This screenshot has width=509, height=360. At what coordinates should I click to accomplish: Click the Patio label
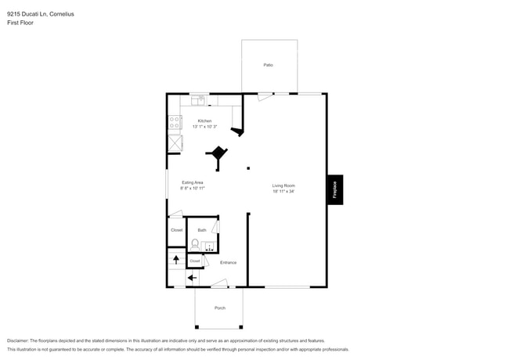pyautogui.click(x=268, y=64)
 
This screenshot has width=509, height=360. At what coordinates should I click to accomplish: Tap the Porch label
pyautogui.click(x=219, y=308)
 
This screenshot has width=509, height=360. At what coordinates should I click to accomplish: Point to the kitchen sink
pyautogui.click(x=198, y=100)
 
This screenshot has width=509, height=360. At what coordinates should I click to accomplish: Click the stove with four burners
pyautogui.click(x=175, y=122)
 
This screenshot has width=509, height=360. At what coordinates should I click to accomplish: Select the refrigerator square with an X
pyautogui.click(x=175, y=142)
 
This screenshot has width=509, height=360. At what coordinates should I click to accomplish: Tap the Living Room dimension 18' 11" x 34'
pyautogui.click(x=283, y=191)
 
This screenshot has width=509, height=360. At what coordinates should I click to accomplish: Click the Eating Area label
pyautogui.click(x=193, y=182)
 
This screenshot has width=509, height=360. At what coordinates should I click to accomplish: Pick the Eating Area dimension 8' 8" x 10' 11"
pyautogui.click(x=193, y=189)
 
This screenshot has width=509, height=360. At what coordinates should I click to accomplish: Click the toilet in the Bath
pyautogui.click(x=194, y=243)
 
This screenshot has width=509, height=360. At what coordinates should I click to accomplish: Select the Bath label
pyautogui.click(x=202, y=230)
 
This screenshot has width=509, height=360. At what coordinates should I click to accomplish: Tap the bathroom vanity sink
pyautogui.click(x=208, y=246)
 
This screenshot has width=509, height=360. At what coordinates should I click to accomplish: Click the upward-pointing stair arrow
pyautogui.click(x=176, y=259)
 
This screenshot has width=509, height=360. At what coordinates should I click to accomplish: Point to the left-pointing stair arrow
pyautogui.click(x=192, y=277)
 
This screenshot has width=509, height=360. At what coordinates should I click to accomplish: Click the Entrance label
pyautogui.click(x=228, y=262)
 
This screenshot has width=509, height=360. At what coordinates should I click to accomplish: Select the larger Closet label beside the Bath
pyautogui.click(x=176, y=230)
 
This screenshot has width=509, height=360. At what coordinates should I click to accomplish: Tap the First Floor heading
pyautogui.click(x=20, y=23)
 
